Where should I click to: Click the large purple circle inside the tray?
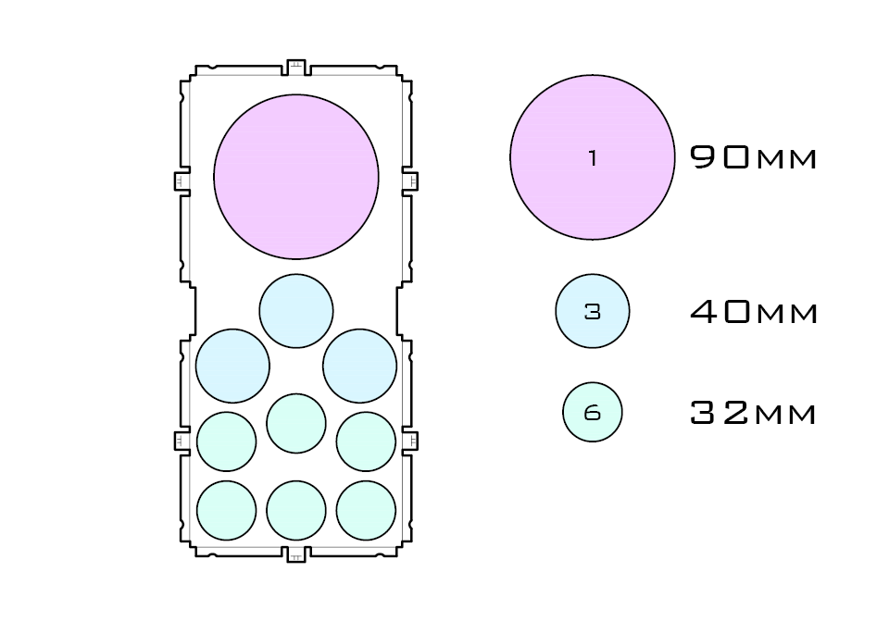pos(296,177)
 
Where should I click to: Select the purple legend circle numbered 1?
pos(593,157)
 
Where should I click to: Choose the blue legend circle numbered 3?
pos(593,312)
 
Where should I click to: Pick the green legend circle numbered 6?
pos(593,413)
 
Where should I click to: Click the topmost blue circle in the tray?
pos(296,311)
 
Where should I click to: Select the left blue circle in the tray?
pos(232,366)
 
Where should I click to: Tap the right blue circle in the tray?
pos(360,366)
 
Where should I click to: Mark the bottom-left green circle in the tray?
pos(226,510)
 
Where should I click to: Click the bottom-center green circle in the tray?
pos(296,510)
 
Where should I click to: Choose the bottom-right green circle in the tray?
pos(366,510)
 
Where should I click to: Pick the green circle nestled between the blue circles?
pos(296,423)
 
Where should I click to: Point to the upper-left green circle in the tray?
pos(226,442)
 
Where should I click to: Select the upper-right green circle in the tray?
pos(366,442)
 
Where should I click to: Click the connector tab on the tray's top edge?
pos(296,67)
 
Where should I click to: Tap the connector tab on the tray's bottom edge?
pos(296,554)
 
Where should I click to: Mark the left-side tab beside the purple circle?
pos(182,180)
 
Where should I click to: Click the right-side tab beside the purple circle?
pos(410,180)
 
